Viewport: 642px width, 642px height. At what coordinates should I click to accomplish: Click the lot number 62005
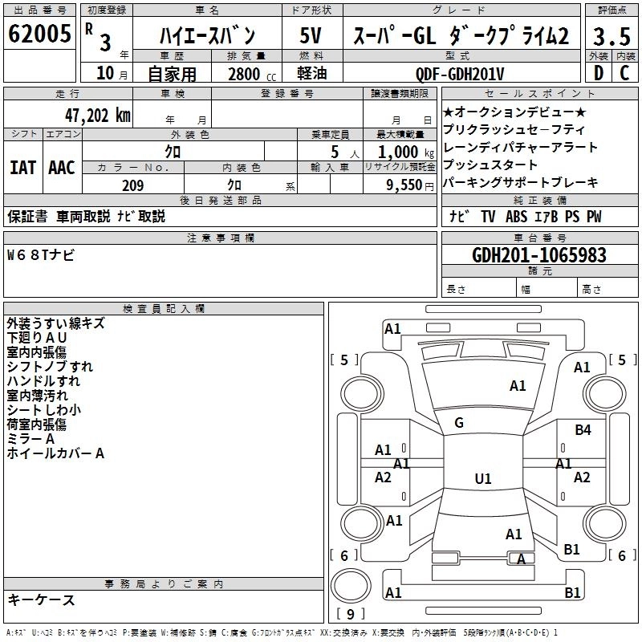[39, 35]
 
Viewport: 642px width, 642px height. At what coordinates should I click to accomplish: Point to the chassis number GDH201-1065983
[539, 255]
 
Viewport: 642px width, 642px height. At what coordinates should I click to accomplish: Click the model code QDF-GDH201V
[459, 74]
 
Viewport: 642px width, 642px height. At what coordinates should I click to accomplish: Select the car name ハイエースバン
[206, 35]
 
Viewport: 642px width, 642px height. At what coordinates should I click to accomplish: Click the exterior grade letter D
[599, 73]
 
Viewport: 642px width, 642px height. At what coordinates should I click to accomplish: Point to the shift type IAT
[23, 168]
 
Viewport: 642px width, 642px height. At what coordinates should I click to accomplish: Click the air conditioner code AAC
[62, 168]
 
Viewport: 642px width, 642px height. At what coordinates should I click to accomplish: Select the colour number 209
[132, 185]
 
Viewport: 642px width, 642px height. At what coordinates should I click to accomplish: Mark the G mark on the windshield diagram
[459, 422]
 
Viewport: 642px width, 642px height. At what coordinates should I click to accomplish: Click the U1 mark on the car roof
[482, 479]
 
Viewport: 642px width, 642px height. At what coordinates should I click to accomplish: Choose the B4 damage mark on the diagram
[583, 430]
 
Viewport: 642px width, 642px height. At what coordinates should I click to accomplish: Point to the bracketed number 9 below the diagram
[350, 614]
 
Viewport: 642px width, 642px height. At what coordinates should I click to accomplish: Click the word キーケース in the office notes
[42, 599]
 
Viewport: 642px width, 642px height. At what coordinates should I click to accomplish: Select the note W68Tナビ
[41, 254]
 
